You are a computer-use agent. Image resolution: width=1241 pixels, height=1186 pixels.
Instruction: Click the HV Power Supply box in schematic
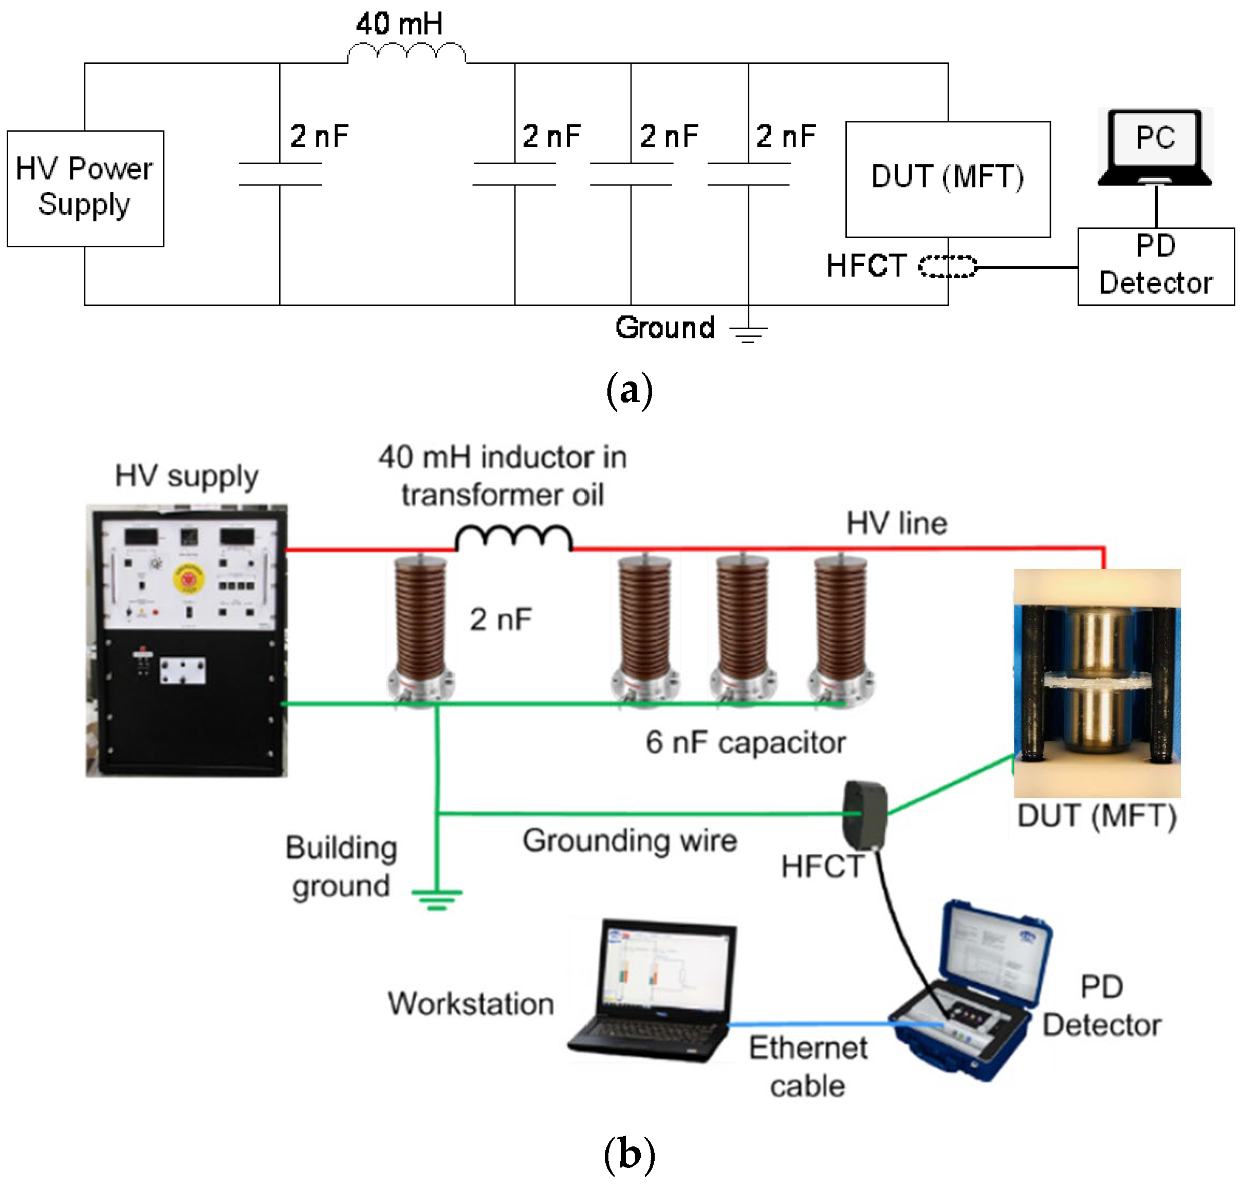coord(85,188)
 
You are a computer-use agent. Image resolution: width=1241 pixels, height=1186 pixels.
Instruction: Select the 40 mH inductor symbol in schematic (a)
coord(406,52)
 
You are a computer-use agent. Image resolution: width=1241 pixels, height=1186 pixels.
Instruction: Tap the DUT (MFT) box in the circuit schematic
coord(947,179)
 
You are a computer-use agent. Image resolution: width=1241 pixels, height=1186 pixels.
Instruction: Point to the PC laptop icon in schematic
coord(1155,147)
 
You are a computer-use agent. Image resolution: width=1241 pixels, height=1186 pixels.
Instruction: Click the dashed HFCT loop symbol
coord(947,266)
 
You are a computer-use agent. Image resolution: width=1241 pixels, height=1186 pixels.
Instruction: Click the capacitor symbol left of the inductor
coord(280,174)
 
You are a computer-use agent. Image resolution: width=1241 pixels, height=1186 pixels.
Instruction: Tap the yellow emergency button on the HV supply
coord(188,577)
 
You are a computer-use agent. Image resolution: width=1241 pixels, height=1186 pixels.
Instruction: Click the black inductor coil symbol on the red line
coord(513,537)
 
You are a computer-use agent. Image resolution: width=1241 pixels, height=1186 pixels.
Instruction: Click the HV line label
coord(896,523)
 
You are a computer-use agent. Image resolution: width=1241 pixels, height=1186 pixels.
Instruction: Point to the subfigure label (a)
coord(628,390)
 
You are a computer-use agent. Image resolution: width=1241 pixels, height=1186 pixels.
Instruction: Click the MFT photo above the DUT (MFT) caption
coord(1096,682)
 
